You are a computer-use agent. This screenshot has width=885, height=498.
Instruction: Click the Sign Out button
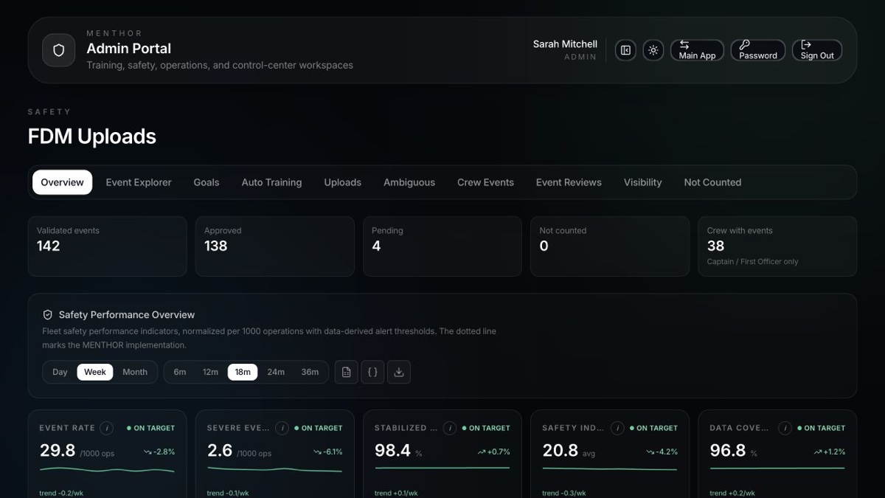[x=816, y=50]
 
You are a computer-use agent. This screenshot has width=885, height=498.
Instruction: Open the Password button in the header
[x=758, y=50]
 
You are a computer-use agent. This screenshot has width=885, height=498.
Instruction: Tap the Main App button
[x=697, y=50]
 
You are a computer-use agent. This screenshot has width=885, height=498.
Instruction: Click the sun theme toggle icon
[x=653, y=50]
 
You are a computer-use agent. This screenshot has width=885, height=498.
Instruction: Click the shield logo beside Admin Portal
[x=58, y=50]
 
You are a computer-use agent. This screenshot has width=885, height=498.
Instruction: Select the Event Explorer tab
[x=139, y=182]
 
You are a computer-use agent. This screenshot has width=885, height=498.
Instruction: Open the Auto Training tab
[x=271, y=182]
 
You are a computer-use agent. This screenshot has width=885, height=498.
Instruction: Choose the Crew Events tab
[x=485, y=182]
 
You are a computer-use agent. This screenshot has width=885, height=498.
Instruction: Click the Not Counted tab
[x=712, y=182]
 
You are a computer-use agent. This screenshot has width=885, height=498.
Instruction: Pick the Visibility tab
[x=642, y=182]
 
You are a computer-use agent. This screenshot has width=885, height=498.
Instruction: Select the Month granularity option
[x=135, y=372]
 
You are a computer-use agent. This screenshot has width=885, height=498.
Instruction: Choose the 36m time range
[x=310, y=372]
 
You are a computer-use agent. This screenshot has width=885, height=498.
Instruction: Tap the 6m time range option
[x=180, y=372]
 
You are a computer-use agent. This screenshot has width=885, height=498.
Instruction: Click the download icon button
[x=399, y=372]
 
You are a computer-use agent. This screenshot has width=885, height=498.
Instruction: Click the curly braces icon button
[x=372, y=372]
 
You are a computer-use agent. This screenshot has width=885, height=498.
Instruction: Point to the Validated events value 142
[x=48, y=246]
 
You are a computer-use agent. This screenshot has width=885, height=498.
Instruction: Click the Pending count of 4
[x=376, y=246]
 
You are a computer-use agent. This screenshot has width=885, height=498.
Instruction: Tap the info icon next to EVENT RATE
[x=106, y=428]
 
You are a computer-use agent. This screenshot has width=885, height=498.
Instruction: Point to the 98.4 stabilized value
[x=392, y=450]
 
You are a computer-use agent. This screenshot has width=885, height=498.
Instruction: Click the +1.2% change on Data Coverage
[x=830, y=452]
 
